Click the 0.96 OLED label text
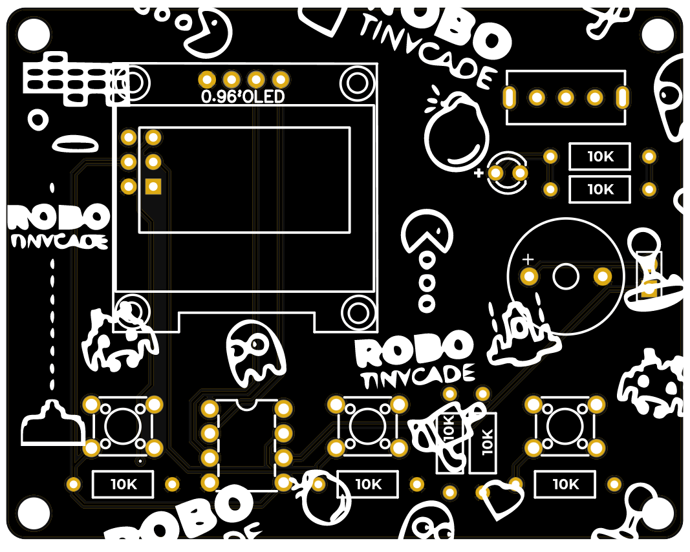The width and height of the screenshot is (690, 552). pyautogui.click(x=243, y=98)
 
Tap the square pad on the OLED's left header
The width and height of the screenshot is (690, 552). pyautogui.click(x=153, y=187)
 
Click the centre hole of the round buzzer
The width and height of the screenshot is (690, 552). pyautogui.click(x=566, y=277)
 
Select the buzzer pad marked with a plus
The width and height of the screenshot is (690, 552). pyautogui.click(x=530, y=277)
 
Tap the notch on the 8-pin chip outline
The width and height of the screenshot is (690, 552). pyautogui.click(x=246, y=404)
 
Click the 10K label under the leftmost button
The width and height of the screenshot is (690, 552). pyautogui.click(x=123, y=484)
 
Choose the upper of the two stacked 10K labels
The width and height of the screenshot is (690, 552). pyautogui.click(x=599, y=156)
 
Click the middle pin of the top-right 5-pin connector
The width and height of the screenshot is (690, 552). pyautogui.click(x=566, y=98)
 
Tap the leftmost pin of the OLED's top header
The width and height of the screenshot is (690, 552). pyautogui.click(x=207, y=80)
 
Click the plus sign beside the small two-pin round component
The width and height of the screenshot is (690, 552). pyautogui.click(x=479, y=173)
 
